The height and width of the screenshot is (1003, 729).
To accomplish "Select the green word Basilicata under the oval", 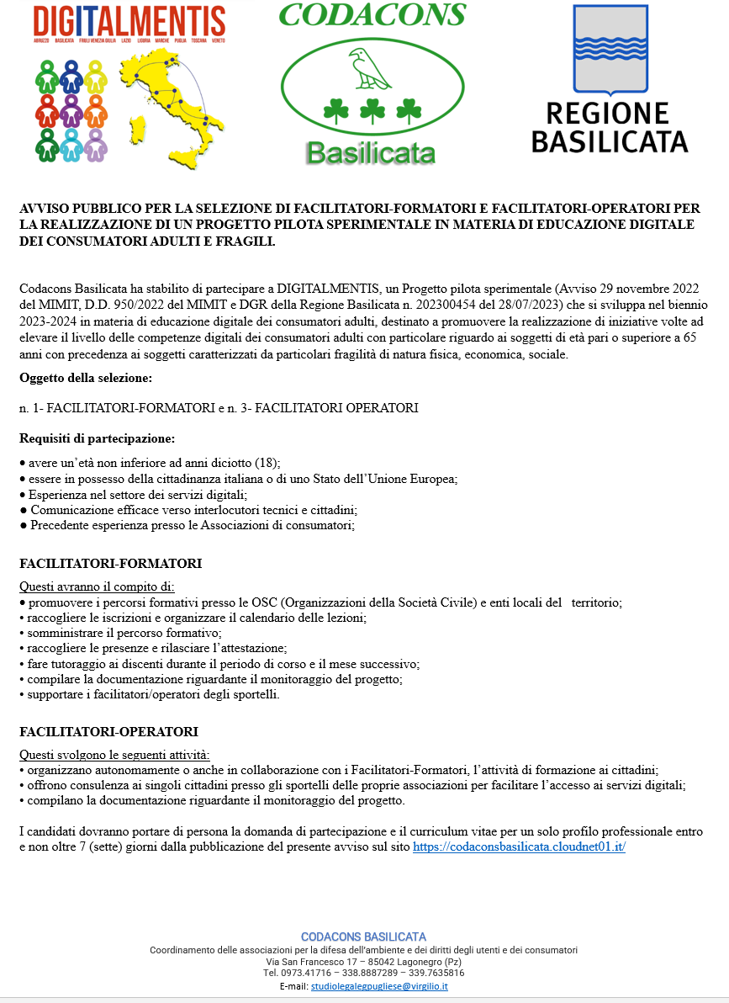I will pos(370,152).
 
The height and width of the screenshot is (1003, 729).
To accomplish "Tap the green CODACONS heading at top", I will pos(371,14).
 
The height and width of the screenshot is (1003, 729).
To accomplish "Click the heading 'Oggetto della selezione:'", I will pos(86,378).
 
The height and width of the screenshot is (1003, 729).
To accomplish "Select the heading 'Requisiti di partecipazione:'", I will pos(98,438).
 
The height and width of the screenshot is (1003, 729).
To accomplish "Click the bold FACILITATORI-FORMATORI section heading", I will pos(110,563).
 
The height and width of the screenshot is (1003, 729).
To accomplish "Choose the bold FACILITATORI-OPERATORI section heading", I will pos(108,732).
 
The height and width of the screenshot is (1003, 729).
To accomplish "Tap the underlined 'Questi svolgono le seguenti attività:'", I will pos(114,755).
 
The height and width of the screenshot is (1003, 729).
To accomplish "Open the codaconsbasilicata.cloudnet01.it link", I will pos(519,847).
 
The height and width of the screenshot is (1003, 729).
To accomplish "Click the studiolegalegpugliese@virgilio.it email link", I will pos(378,985).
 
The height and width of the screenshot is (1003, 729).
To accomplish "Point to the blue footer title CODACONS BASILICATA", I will pos(363,937).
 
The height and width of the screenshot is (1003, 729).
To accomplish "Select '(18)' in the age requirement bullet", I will pos(267,463).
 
